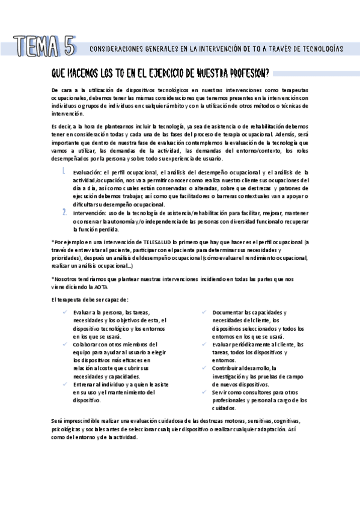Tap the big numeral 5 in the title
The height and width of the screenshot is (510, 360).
pyautogui.click(x=69, y=46)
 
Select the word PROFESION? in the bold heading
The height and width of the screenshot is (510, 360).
pyautogui.click(x=246, y=74)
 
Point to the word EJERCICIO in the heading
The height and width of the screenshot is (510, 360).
pyautogui.click(x=158, y=74)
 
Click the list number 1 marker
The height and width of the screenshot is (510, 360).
pyautogui.click(x=64, y=173)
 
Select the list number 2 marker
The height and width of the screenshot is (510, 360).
pyautogui.click(x=64, y=212)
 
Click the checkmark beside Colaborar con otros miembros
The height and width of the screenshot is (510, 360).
pyautogui.click(x=64, y=344)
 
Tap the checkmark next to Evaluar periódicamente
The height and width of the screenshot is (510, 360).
pyautogui.click(x=204, y=344)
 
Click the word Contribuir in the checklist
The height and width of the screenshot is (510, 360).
pyautogui.click(x=226, y=368)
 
